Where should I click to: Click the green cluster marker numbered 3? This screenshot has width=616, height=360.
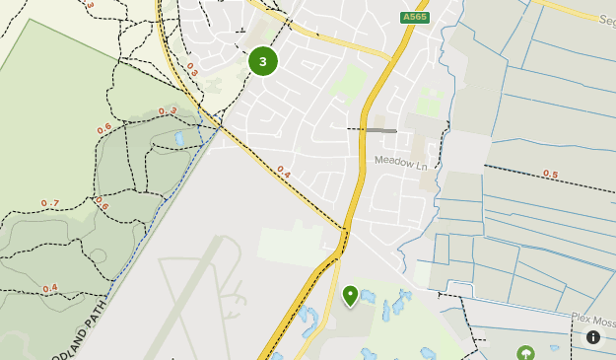[262, 61]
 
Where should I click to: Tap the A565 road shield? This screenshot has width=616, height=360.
[415, 18]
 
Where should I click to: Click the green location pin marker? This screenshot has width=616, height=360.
[350, 295]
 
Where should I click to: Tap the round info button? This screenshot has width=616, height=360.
[593, 337]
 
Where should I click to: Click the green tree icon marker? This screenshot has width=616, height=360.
[525, 352]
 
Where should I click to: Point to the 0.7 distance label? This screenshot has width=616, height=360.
[50, 203]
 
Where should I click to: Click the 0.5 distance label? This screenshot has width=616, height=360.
[550, 175]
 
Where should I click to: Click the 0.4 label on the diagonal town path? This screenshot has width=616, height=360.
[284, 171]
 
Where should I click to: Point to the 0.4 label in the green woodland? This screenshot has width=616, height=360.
[49, 288]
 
